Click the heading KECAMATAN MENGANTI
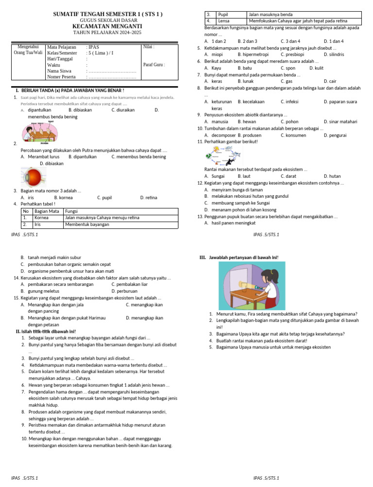[107, 26]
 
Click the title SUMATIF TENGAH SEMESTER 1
[107, 15]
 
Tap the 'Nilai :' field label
[149, 47]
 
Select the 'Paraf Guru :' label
[154, 65]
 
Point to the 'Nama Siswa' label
[60, 71]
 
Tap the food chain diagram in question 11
[223, 155]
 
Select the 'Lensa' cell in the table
[224, 21]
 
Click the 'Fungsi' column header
[71, 211]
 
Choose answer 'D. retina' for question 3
[149, 198]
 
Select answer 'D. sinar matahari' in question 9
[341, 122]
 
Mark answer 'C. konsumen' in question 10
[293, 135]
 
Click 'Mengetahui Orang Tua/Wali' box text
[28, 50]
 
